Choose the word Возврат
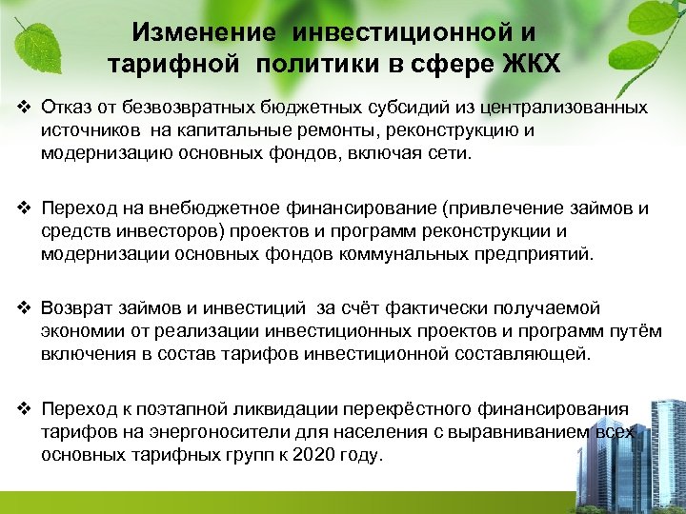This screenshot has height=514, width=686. (77, 308)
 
